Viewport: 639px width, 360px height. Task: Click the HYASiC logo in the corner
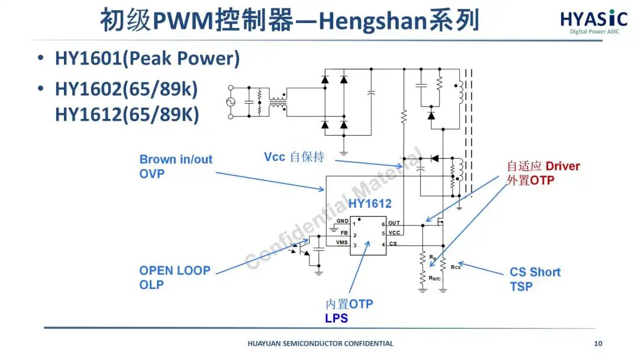click(594, 21)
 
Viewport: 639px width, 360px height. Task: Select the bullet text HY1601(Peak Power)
click(147, 59)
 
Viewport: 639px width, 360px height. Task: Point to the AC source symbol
click(231, 102)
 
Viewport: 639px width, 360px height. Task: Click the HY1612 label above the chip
click(370, 204)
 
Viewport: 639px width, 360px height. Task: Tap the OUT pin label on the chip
click(394, 223)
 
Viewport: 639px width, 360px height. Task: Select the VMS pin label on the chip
click(342, 243)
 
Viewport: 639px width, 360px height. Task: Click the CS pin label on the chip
click(393, 243)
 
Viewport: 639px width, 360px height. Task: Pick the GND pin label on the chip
click(343, 221)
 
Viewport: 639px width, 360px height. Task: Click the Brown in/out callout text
click(176, 159)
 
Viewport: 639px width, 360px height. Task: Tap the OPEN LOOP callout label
click(175, 271)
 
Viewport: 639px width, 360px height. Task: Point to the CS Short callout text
click(535, 272)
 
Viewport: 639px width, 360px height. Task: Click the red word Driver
click(563, 166)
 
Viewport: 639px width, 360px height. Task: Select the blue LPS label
click(336, 318)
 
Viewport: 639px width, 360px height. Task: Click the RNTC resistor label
click(434, 278)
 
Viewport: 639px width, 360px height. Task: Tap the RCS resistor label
click(455, 267)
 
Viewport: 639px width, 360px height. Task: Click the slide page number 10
click(598, 343)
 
